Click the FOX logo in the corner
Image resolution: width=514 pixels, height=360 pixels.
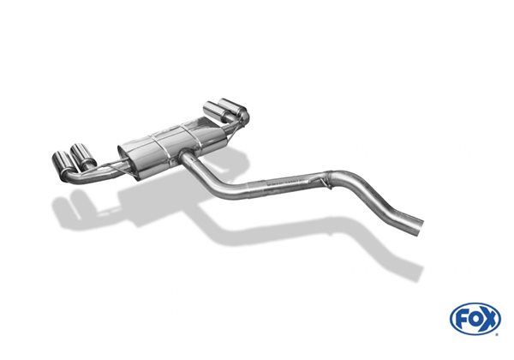click(x=475, y=318)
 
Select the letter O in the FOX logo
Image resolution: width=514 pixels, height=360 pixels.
click(x=475, y=319)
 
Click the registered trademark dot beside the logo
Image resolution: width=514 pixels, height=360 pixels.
click(x=497, y=334)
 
